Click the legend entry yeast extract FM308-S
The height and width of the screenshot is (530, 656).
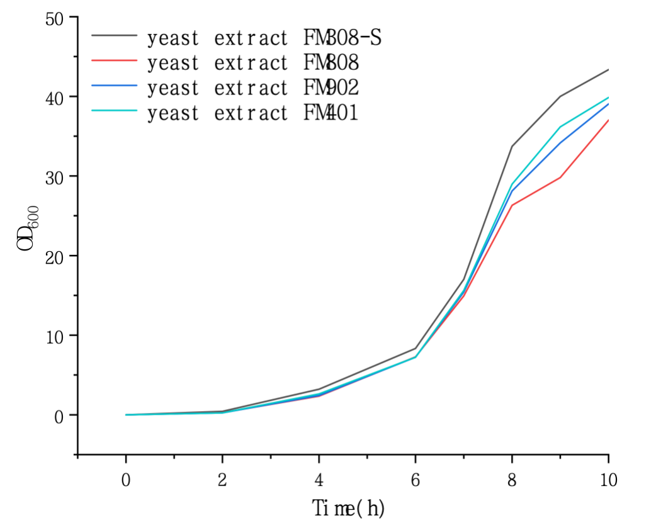pyautogui.click(x=264, y=38)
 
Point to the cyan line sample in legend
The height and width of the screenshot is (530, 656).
pyautogui.click(x=114, y=111)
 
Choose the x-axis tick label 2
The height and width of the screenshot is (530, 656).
pyautogui.click(x=222, y=480)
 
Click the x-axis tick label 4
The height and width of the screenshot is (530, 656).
pyautogui.click(x=319, y=480)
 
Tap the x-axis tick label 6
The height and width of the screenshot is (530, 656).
pyautogui.click(x=416, y=480)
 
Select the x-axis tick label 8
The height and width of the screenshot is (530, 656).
pyautogui.click(x=512, y=480)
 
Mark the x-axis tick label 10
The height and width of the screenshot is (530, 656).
pyautogui.click(x=608, y=480)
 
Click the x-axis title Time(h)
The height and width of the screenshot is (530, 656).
pyautogui.click(x=348, y=507)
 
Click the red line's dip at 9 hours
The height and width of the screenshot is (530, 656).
pyautogui.click(x=560, y=178)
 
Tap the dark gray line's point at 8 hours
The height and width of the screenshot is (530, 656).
pyautogui.click(x=512, y=146)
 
